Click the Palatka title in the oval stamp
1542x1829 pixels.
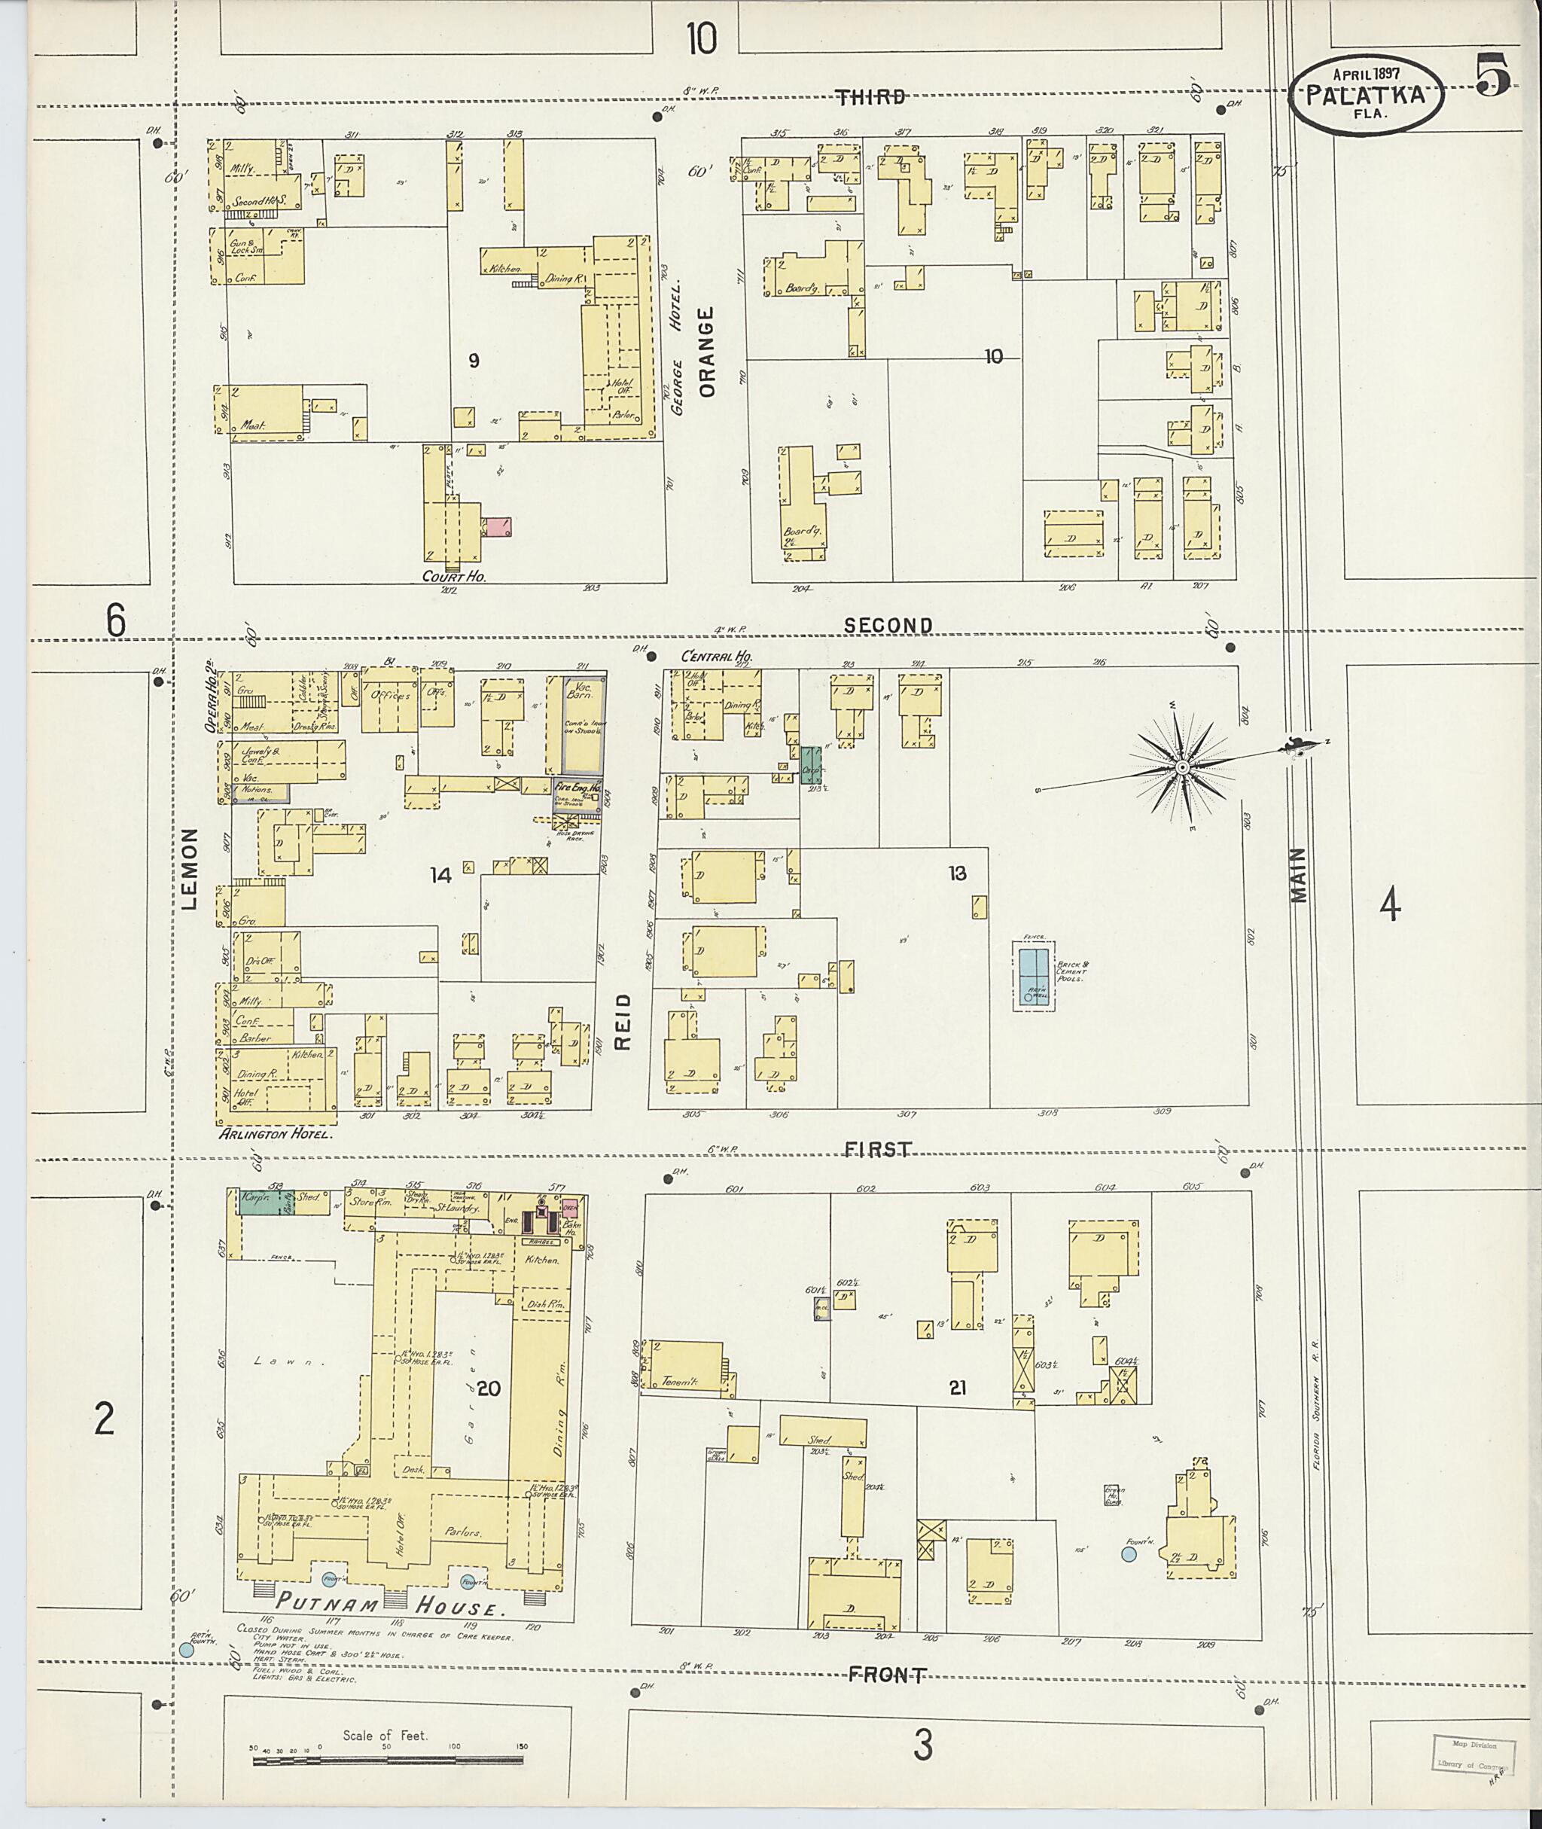(1364, 96)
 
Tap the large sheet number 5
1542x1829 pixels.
(1493, 75)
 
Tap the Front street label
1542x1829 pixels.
(887, 1673)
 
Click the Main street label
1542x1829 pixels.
(1299, 874)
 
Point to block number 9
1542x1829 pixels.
(474, 360)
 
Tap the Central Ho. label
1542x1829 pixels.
(717, 657)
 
